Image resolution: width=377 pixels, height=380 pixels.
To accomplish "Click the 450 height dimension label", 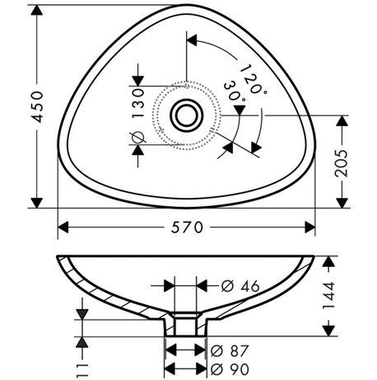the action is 37,106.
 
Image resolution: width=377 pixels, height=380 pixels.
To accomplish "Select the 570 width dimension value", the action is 187,228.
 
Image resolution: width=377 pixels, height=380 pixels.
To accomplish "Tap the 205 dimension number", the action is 342,163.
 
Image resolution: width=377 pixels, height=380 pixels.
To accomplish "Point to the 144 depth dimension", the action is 328,296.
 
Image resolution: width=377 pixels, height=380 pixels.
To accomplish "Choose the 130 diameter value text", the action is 138,103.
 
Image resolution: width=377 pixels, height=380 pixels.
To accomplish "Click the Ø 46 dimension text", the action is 240,286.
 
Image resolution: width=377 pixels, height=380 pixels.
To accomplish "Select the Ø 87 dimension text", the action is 230,351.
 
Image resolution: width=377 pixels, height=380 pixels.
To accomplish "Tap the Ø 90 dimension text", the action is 230,369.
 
